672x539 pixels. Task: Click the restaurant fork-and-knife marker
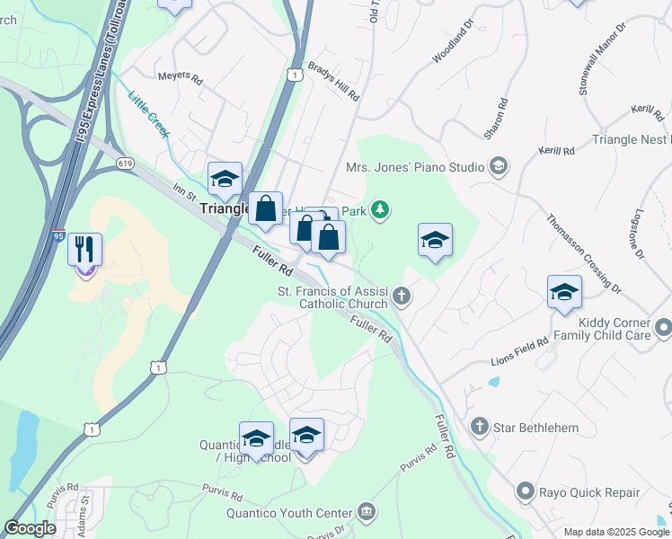click(85, 249)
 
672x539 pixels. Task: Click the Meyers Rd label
click(181, 77)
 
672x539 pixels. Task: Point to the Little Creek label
click(148, 113)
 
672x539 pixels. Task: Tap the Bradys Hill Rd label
click(333, 81)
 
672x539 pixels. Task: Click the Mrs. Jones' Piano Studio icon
click(498, 166)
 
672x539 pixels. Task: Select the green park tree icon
click(381, 210)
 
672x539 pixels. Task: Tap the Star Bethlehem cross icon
click(480, 427)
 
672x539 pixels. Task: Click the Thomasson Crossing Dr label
click(584, 253)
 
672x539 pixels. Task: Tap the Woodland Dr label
click(451, 45)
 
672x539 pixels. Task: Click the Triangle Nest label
click(631, 140)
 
